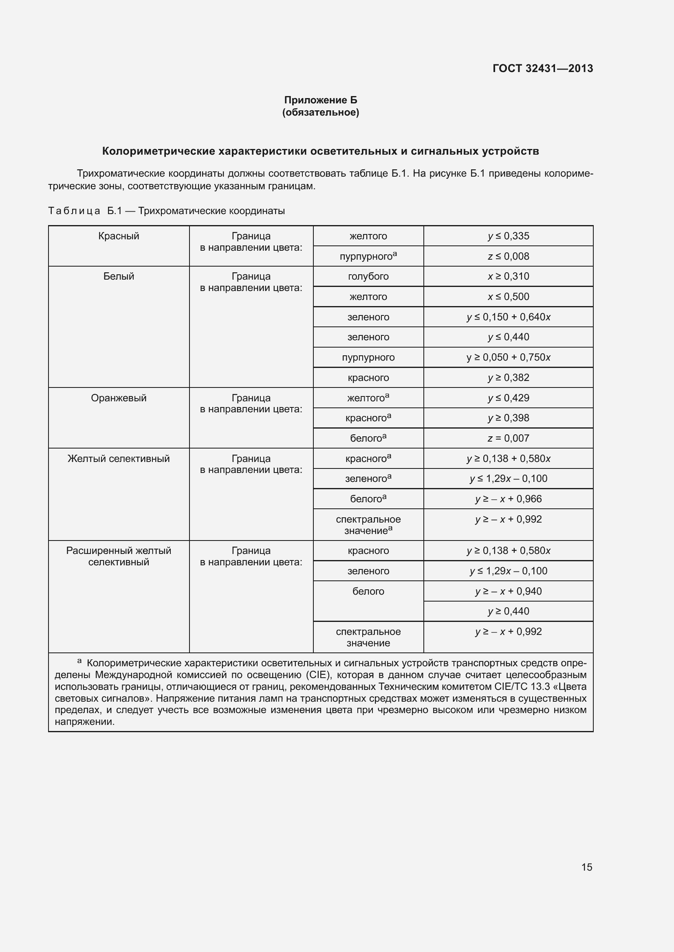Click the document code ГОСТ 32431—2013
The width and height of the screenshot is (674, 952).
[x=542, y=68]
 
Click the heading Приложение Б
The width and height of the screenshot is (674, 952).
[x=320, y=100]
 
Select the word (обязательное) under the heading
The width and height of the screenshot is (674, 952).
[x=320, y=112]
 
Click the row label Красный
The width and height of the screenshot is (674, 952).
[x=119, y=236]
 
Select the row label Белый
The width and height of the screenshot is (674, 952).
[x=119, y=276]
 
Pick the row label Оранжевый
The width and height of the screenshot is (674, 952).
[x=119, y=398]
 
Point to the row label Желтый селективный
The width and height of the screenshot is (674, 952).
[x=119, y=459]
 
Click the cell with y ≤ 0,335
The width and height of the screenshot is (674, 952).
[x=509, y=236]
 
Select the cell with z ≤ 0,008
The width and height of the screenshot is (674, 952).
[x=509, y=256]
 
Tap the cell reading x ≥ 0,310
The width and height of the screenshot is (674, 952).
[x=509, y=276]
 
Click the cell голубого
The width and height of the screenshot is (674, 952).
[x=368, y=276]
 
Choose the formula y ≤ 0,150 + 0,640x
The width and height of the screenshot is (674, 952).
[x=509, y=317]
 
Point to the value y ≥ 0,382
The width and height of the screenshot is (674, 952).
[x=509, y=377]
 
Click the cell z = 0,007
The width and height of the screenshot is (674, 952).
[x=509, y=438]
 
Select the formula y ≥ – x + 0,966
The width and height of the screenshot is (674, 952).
[x=509, y=499]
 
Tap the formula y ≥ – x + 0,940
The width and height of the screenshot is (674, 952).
[x=509, y=591]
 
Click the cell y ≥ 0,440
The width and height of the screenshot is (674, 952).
[x=509, y=611]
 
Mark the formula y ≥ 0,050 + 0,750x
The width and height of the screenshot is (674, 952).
[x=509, y=357]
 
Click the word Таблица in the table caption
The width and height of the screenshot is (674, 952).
[x=74, y=211]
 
